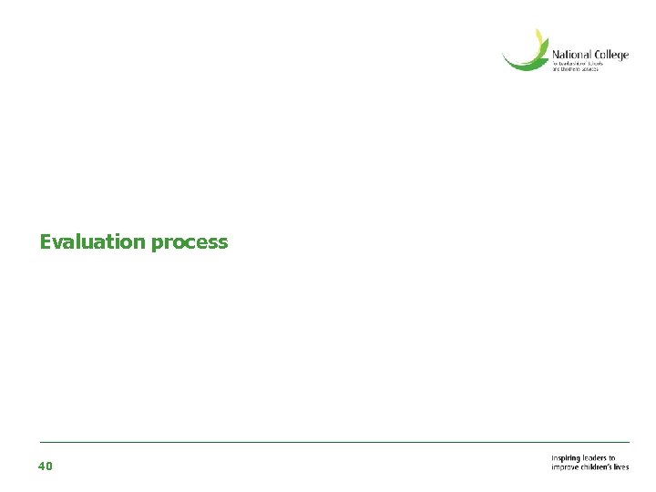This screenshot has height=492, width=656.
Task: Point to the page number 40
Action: (46, 466)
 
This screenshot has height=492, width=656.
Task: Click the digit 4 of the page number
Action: (42, 466)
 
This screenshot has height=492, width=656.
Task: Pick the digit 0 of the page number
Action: (49, 466)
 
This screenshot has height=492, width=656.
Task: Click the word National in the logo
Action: (572, 55)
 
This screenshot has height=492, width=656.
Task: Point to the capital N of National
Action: (556, 55)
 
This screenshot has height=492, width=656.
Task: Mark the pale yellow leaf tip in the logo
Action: (539, 36)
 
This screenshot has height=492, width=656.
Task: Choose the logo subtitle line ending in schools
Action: (576, 65)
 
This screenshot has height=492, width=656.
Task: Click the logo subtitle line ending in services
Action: (576, 70)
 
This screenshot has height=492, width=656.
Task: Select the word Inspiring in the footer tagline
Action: (566, 458)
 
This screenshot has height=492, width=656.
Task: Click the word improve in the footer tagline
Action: (565, 466)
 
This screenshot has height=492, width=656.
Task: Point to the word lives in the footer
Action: (621, 466)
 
